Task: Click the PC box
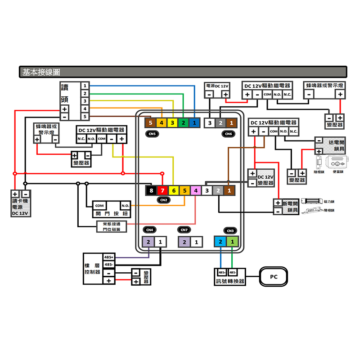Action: pyautogui.click(x=274, y=277)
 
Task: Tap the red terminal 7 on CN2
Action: pyautogui.click(x=162, y=190)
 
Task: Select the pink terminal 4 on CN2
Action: pyautogui.click(x=195, y=190)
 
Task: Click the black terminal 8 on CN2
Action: pyautogui.click(x=152, y=190)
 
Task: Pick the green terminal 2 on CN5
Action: pyautogui.click(x=184, y=122)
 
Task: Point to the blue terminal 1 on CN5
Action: pyautogui.click(x=194, y=122)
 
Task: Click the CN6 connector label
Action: pyautogui.click(x=228, y=134)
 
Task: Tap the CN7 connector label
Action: pyautogui.click(x=184, y=230)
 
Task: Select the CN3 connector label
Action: pyautogui.click(x=230, y=231)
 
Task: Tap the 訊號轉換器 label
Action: pyautogui.click(x=230, y=281)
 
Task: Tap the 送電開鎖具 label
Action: pyautogui.click(x=336, y=145)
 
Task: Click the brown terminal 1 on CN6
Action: pyautogui.click(x=230, y=122)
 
